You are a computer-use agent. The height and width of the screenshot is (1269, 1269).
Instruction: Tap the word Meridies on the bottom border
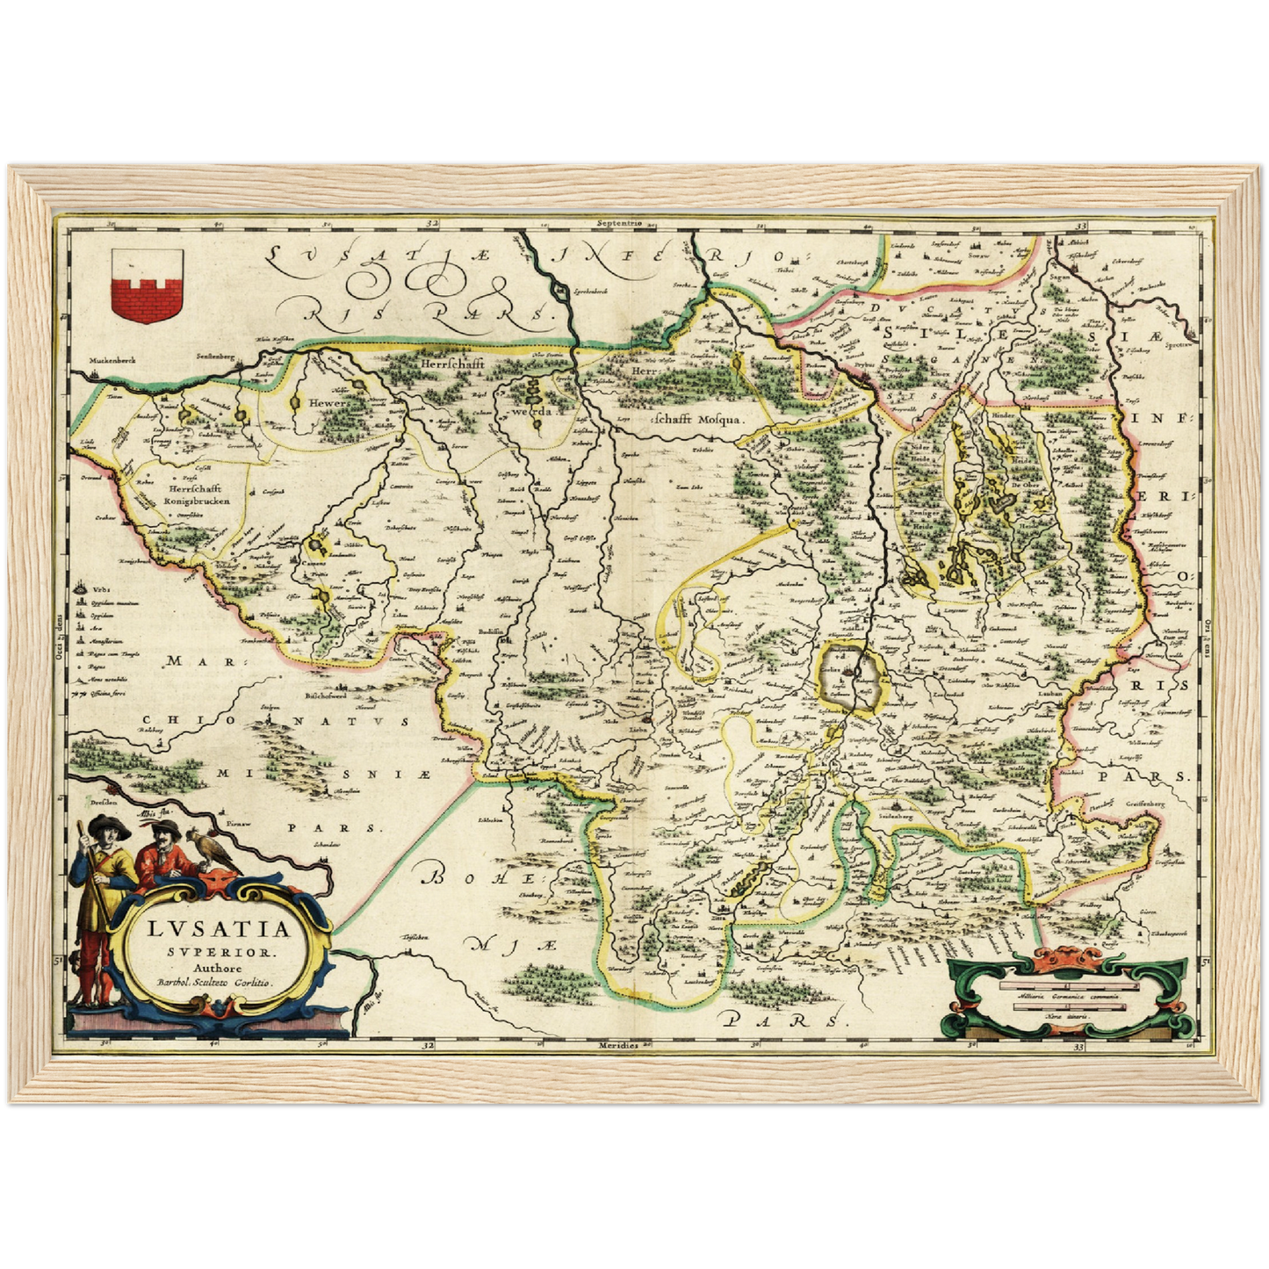pyautogui.click(x=620, y=1046)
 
